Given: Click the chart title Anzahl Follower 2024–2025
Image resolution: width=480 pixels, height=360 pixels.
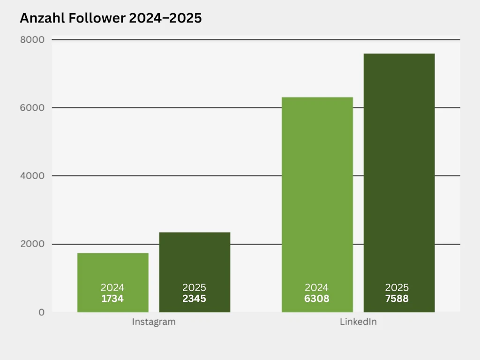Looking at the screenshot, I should (x=111, y=18).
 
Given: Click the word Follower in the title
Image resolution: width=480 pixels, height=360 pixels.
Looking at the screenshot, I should (x=103, y=18).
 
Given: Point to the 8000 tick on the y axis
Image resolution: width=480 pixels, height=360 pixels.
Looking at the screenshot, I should (x=32, y=40).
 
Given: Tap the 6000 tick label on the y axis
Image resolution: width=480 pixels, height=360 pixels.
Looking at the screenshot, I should (x=32, y=108).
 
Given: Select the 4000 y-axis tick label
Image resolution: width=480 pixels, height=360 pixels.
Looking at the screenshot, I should (x=32, y=176).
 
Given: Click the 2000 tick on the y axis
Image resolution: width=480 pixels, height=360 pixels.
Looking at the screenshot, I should (x=32, y=244).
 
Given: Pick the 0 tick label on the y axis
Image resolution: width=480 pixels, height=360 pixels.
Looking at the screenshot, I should (x=42, y=312).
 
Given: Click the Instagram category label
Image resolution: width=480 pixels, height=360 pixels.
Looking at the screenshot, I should (x=154, y=322).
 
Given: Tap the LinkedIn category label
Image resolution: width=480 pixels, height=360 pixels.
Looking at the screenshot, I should (x=358, y=322).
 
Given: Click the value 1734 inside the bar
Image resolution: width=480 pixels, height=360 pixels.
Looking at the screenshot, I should (x=112, y=299).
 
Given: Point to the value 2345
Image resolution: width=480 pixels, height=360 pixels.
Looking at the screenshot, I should (x=194, y=299).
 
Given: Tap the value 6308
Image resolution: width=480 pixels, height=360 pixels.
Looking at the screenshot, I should (x=317, y=299).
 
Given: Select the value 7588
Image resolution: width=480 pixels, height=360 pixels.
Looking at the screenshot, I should (x=397, y=299).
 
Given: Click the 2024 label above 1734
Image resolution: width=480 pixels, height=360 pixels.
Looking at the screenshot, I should (x=112, y=288).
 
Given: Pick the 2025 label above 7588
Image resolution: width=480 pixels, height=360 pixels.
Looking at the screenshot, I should (x=397, y=288).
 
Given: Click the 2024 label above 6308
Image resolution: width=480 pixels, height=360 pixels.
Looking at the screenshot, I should (x=317, y=288).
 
